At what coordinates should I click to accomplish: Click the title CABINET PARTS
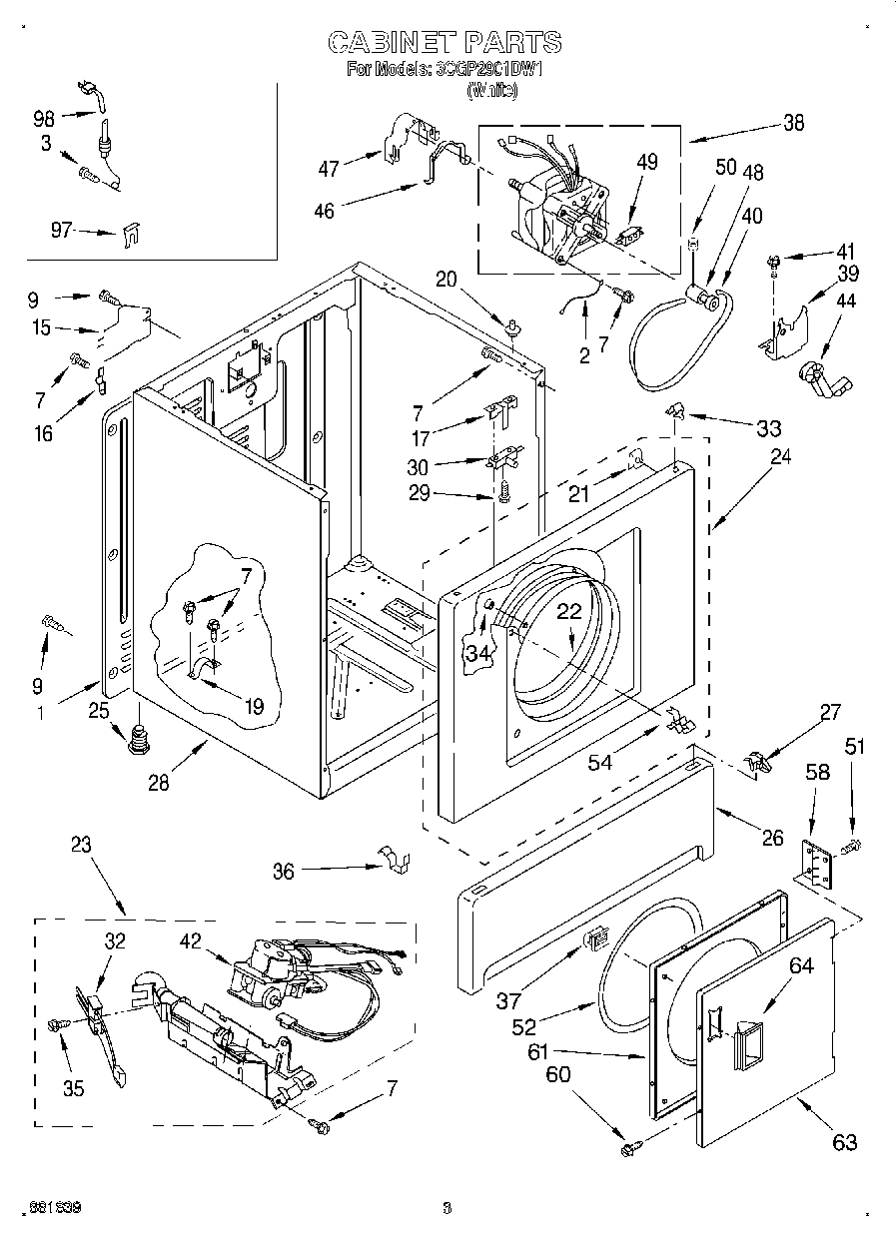coord(445,42)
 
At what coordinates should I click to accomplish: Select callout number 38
coord(793,124)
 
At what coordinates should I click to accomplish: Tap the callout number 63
coord(845,1142)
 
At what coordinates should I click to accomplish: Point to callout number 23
coord(81,844)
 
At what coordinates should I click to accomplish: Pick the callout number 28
coord(158,783)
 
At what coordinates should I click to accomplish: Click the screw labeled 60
coord(629,1149)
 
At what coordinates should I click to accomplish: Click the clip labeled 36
coord(396,861)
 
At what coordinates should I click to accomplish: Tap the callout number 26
coord(772,838)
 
